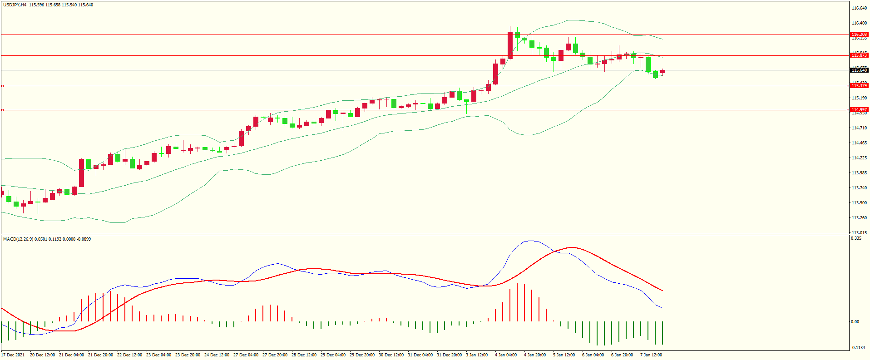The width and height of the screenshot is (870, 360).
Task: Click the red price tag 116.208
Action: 859,35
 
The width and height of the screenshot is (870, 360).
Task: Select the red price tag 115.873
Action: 859,55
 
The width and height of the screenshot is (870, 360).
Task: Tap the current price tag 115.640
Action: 859,70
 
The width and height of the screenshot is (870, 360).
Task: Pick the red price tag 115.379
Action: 859,86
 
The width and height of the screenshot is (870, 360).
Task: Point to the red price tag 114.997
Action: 859,110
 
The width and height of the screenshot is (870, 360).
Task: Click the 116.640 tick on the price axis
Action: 859,8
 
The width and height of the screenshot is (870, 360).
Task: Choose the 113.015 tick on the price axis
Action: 859,233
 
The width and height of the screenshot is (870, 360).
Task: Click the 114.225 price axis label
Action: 859,158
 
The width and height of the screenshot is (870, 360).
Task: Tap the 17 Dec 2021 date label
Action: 13,355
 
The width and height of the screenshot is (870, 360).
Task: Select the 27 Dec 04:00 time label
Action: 246,355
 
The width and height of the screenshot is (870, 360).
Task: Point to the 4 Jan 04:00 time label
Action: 506,355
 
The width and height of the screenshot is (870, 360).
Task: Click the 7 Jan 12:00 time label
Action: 651,355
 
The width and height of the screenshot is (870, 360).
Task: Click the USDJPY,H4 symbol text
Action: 15,5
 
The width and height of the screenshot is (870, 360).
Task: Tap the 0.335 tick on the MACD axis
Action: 856,238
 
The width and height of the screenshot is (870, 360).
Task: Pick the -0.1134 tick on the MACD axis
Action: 857,348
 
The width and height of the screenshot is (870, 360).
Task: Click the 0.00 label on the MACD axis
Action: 855,322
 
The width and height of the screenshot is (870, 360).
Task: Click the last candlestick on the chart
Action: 663,71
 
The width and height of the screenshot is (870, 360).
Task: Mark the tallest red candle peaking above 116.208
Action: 510,45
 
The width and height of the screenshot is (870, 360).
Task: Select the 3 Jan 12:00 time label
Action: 477,355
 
